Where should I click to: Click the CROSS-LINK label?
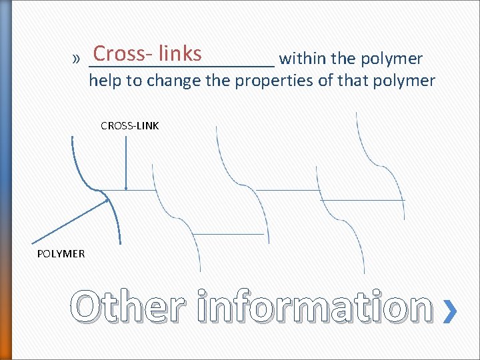point(130,125)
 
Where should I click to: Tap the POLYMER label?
point(61,253)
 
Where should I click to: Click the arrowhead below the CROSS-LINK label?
point(126,187)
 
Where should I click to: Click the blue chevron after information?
point(451,311)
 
